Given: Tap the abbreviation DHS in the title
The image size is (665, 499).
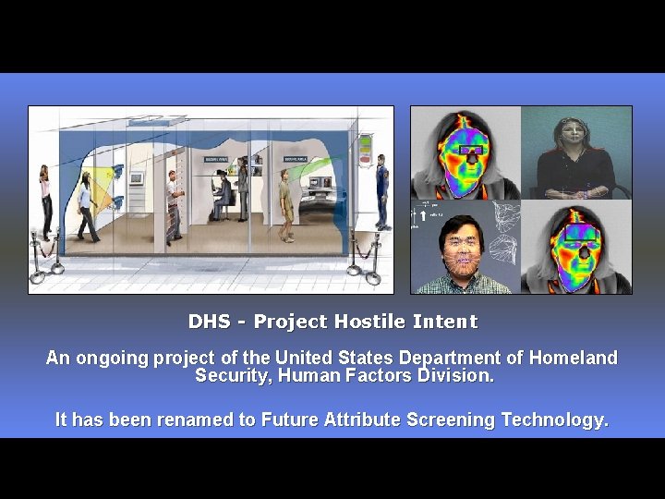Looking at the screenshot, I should pos(209,322).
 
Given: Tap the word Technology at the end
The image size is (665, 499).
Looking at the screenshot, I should pos(554,420).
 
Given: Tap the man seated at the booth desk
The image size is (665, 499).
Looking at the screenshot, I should pos(223,197).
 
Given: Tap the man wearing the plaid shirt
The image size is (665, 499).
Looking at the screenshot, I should pos(464,259).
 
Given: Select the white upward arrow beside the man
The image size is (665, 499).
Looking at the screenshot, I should pos(423,215).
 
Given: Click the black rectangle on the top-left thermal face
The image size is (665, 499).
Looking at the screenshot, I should pos(471,151).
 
